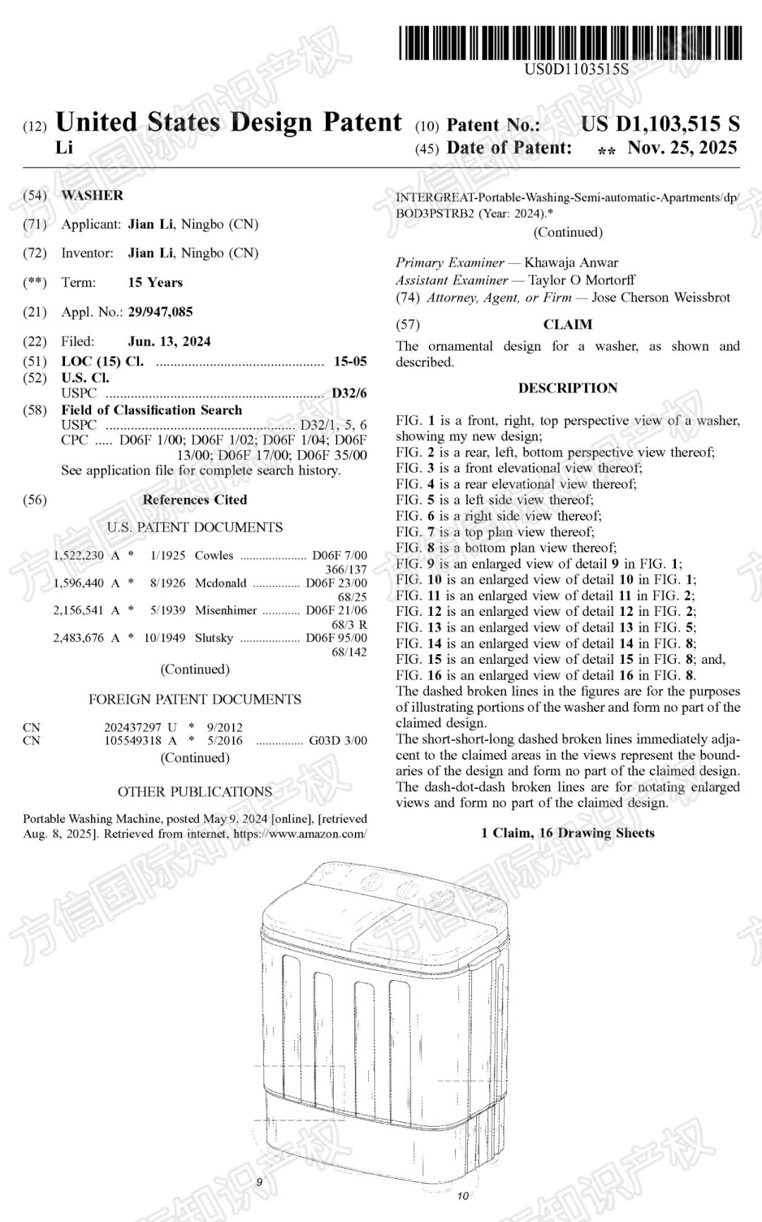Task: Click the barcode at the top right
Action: [x=570, y=42]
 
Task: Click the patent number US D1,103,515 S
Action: [x=660, y=124]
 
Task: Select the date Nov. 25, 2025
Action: [x=682, y=147]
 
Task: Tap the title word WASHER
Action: [x=92, y=195]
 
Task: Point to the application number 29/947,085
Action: [x=160, y=312]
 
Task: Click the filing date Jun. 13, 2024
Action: [x=169, y=341]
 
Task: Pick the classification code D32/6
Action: [x=350, y=393]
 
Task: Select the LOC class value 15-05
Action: [x=351, y=361]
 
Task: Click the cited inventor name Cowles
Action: [x=214, y=555]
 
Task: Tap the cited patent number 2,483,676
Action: [x=78, y=638]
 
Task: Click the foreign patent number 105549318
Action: [x=133, y=741]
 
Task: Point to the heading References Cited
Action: [x=195, y=500]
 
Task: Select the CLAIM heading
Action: [x=567, y=325]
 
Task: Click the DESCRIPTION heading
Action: [x=567, y=388]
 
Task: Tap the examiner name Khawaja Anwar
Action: [x=571, y=262]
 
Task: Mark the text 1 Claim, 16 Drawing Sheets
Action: [x=567, y=833]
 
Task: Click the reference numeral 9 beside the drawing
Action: [x=259, y=1182]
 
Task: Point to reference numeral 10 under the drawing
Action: [x=463, y=1195]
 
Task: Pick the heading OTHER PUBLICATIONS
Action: [x=195, y=792]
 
